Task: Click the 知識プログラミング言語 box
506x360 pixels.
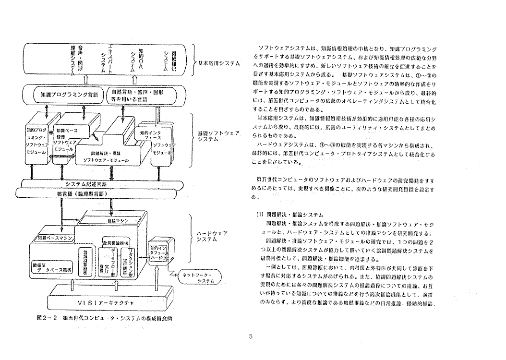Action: pyautogui.click(x=70, y=95)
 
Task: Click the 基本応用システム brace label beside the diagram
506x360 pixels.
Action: pyautogui.click(x=220, y=63)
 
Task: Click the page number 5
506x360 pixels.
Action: pyautogui.click(x=251, y=336)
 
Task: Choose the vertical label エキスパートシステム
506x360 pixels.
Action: pyautogui.click(x=107, y=57)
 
